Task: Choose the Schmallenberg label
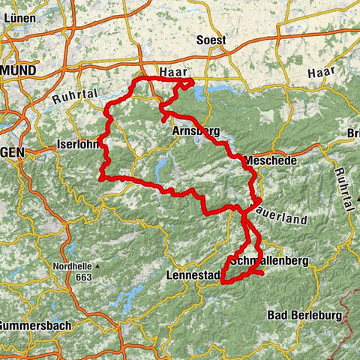(268, 261)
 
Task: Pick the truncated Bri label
(352, 133)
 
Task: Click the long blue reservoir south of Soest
(217, 90)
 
